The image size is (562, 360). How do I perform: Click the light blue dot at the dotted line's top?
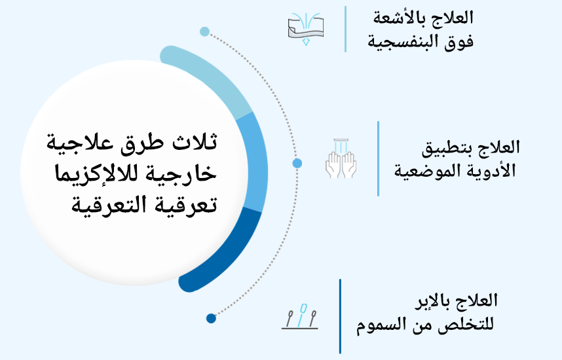pos(204,31)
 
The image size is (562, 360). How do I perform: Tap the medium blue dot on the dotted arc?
pos(297,163)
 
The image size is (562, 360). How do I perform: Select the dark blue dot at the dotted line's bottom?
pos(211,318)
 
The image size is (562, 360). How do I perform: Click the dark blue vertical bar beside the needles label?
pos(340,316)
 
